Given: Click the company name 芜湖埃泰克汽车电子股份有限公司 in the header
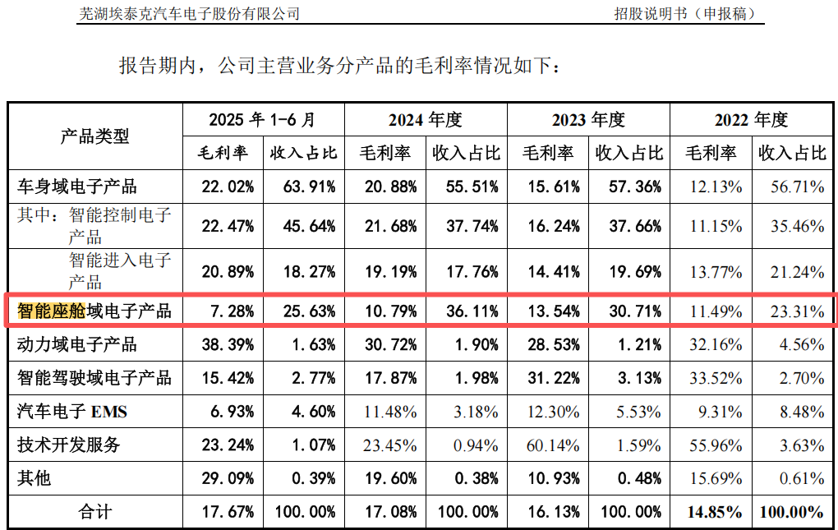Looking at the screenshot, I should click(x=189, y=14).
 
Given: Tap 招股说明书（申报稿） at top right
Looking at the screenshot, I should click(x=684, y=14).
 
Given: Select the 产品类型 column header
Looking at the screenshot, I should click(x=94, y=136).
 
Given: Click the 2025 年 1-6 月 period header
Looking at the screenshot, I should click(x=262, y=120).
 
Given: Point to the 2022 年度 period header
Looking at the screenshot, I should click(x=751, y=120).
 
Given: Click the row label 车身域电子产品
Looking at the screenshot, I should click(x=77, y=187).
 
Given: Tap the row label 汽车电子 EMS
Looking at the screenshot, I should click(x=72, y=411).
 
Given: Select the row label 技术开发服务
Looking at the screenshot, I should click(x=69, y=445).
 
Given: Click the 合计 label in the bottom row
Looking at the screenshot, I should click(x=94, y=511).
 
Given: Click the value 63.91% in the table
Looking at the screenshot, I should click(x=303, y=187).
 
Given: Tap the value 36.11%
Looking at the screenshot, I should click(x=466, y=311).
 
